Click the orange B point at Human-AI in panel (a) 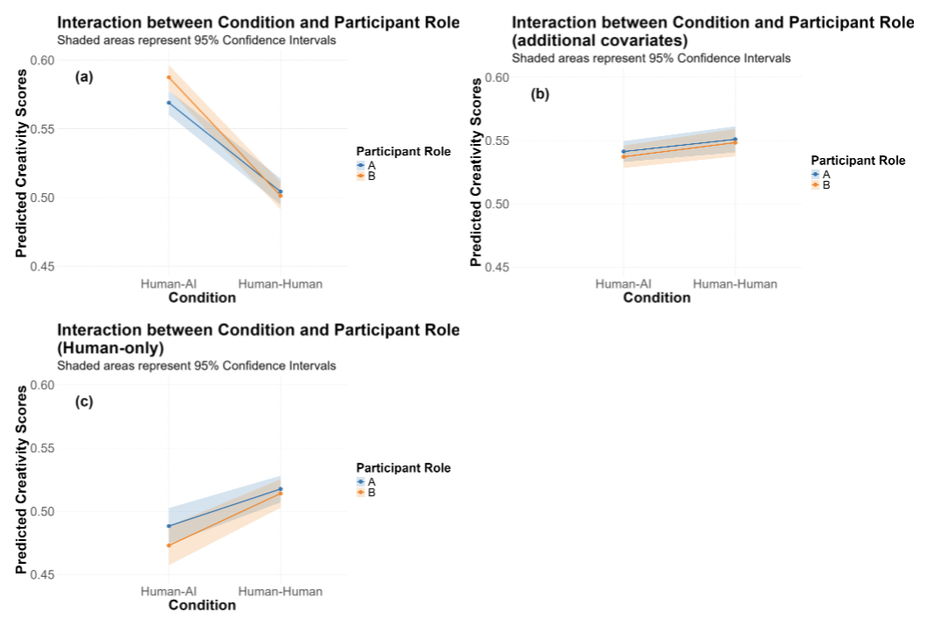tap(168, 77)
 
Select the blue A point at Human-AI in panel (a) tap(168, 103)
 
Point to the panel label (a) tap(84, 77)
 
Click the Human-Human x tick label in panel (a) tap(281, 284)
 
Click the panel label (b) tap(539, 94)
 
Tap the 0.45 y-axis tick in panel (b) tap(497, 267)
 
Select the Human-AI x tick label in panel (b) tap(623, 284)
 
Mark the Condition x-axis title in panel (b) tap(657, 298)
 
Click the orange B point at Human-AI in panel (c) tap(168, 545)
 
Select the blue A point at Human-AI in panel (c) tap(168, 526)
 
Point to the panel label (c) tap(84, 402)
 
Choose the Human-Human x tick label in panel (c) tap(281, 591)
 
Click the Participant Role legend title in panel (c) tap(403, 468)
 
